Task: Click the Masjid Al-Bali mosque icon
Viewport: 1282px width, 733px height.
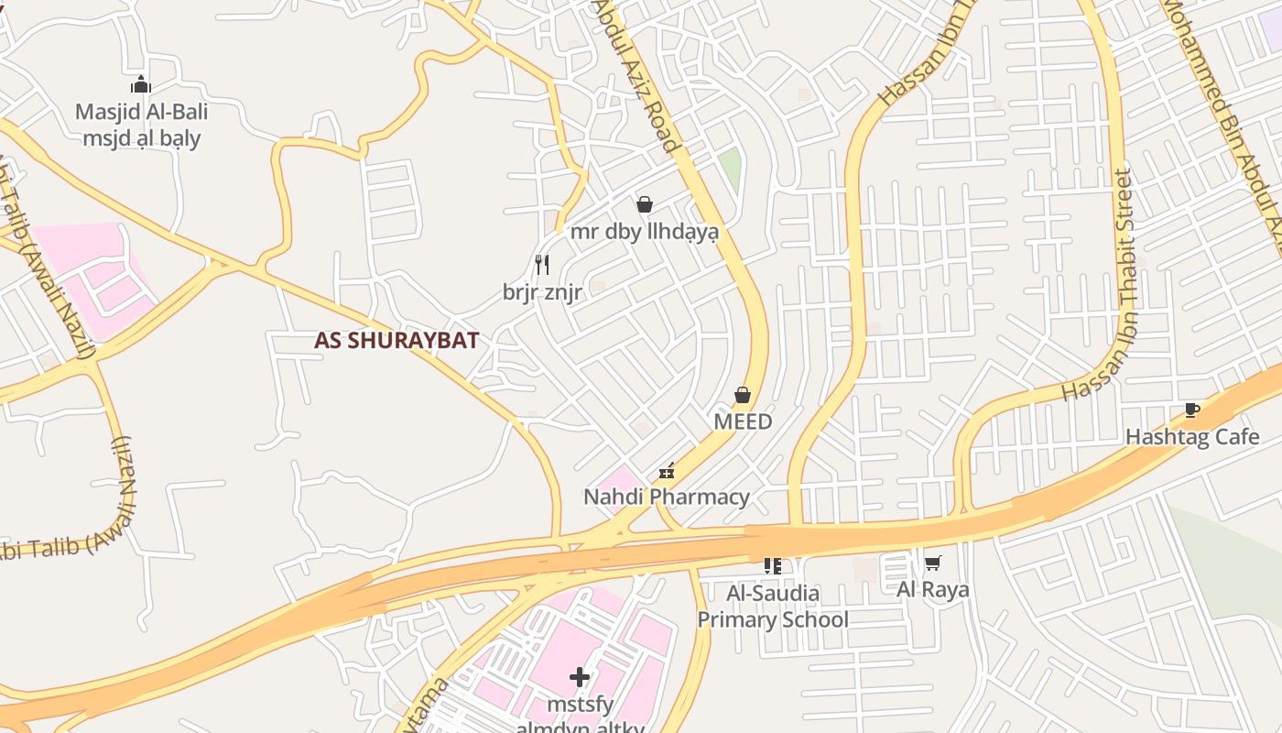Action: [141, 85]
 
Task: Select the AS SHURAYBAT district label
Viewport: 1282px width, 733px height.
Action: [396, 341]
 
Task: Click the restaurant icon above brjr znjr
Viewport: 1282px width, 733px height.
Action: [542, 265]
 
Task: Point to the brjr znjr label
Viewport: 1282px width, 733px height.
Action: [542, 292]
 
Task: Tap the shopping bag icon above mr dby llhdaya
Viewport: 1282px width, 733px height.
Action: [645, 204]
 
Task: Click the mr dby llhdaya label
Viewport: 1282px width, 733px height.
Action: [645, 232]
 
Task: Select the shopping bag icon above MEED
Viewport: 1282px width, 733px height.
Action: [743, 395]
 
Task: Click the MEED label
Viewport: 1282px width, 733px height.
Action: [743, 422]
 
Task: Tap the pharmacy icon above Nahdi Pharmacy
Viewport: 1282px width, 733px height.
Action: [667, 471]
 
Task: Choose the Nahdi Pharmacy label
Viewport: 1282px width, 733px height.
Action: [667, 498]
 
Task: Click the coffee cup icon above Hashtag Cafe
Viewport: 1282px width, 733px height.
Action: [1191, 410]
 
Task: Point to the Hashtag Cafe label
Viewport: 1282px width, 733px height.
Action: [1191, 437]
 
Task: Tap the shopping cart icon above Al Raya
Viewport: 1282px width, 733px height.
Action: [932, 562]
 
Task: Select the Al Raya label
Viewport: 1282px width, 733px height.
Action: [932, 589]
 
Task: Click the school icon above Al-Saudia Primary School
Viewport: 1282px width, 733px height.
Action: [773, 566]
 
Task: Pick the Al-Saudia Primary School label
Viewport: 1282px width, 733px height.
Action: [773, 607]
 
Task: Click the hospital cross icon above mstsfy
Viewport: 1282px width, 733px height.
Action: [579, 677]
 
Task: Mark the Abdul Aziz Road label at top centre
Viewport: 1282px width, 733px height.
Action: [638, 75]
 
